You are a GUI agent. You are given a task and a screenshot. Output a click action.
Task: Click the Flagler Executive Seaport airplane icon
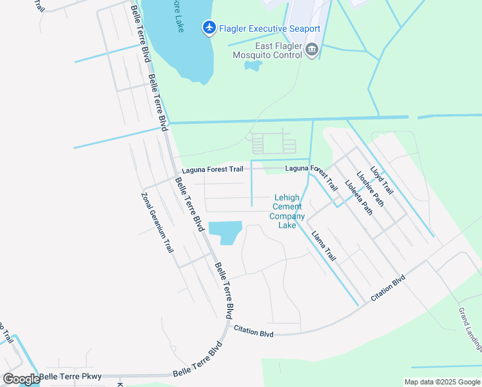tap(209, 28)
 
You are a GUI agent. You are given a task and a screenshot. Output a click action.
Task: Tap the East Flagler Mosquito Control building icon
tap(312, 50)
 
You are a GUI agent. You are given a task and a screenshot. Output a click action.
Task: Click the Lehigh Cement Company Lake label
tap(287, 212)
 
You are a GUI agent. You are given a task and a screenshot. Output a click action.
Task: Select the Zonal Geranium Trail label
tap(158, 222)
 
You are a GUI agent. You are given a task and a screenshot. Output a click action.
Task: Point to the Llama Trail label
tap(323, 246)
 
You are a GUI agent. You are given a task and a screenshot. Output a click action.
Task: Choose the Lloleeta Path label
tap(358, 196)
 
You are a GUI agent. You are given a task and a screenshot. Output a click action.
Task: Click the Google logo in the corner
tap(21, 379)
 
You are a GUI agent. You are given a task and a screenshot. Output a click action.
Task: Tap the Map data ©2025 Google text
tap(441, 382)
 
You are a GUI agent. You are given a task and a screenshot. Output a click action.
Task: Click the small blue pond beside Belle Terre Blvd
tap(225, 232)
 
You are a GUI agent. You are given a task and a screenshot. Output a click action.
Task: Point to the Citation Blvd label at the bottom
tap(254, 331)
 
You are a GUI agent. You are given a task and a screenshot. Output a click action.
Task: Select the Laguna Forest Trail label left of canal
tap(212, 170)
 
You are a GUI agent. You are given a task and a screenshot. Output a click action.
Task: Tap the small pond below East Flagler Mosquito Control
tap(253, 65)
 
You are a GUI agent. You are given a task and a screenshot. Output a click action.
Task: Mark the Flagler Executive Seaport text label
tap(269, 28)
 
